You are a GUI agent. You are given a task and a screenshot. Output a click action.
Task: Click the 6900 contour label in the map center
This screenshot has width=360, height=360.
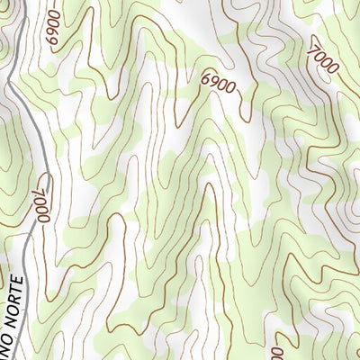click(218, 85)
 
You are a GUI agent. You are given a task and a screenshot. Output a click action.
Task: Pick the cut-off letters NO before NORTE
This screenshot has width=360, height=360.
click(5, 349)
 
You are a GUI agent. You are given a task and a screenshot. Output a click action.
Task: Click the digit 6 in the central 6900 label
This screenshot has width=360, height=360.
click(207, 81)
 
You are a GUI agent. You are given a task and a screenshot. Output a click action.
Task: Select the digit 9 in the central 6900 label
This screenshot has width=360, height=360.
click(214, 84)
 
